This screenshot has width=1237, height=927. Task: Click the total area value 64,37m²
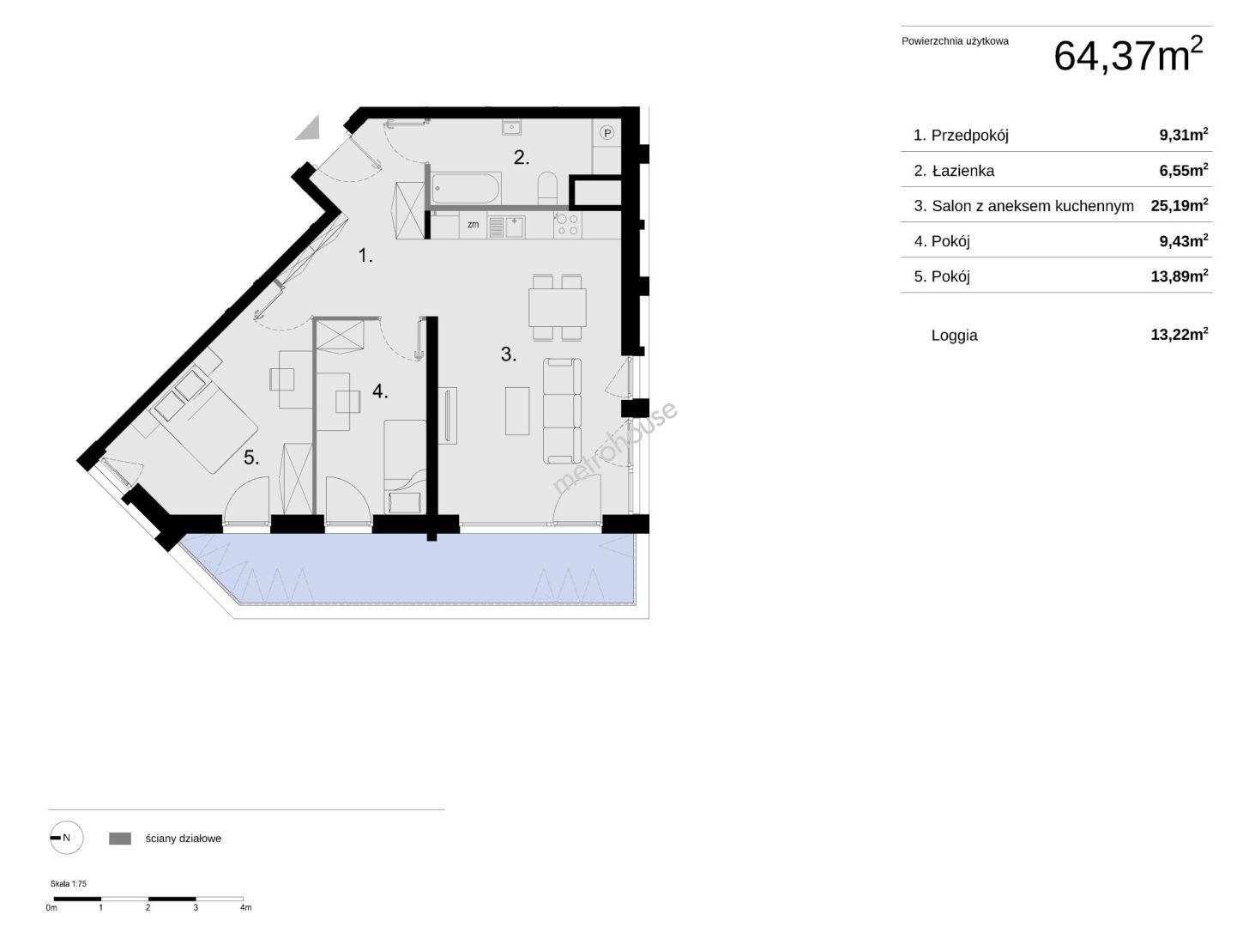tap(1128, 55)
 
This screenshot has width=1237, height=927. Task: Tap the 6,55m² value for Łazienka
tap(1184, 170)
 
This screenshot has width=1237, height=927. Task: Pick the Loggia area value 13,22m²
tap(1180, 335)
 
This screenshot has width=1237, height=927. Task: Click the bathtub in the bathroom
tap(466, 188)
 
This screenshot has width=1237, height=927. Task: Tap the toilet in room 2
tap(546, 188)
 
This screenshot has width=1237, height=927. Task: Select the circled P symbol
tap(607, 133)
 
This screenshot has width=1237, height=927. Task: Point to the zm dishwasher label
tap(474, 224)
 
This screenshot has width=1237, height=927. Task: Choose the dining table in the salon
tap(557, 307)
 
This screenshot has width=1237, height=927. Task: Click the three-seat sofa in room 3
tap(562, 411)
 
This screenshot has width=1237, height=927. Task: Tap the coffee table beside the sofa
tap(516, 411)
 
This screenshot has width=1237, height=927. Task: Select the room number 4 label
tap(380, 391)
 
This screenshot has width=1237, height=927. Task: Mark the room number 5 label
tap(251, 457)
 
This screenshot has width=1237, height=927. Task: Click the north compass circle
tap(67, 838)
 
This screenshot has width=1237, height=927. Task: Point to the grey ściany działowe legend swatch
tap(119, 839)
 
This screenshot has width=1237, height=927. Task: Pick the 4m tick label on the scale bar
tap(245, 907)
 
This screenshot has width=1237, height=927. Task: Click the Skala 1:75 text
tap(68, 883)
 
